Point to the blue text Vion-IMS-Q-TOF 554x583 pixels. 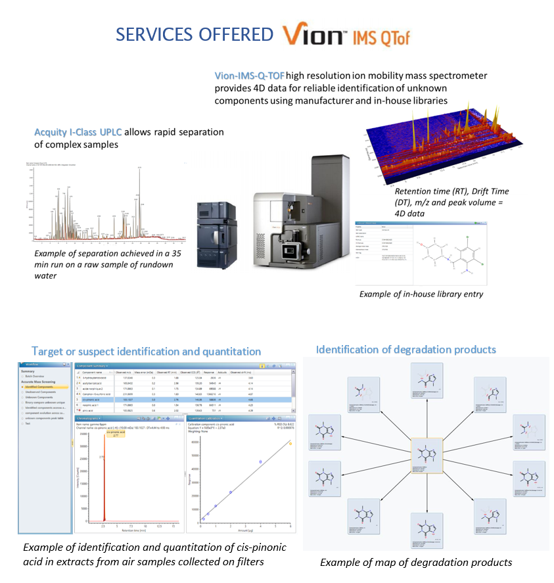click(250, 76)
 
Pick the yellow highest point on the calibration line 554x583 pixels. click(290, 444)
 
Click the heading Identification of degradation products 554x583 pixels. click(405, 349)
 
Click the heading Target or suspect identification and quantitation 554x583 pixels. click(146, 352)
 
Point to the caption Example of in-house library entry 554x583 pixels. click(421, 294)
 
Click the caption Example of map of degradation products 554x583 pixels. click(416, 563)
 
